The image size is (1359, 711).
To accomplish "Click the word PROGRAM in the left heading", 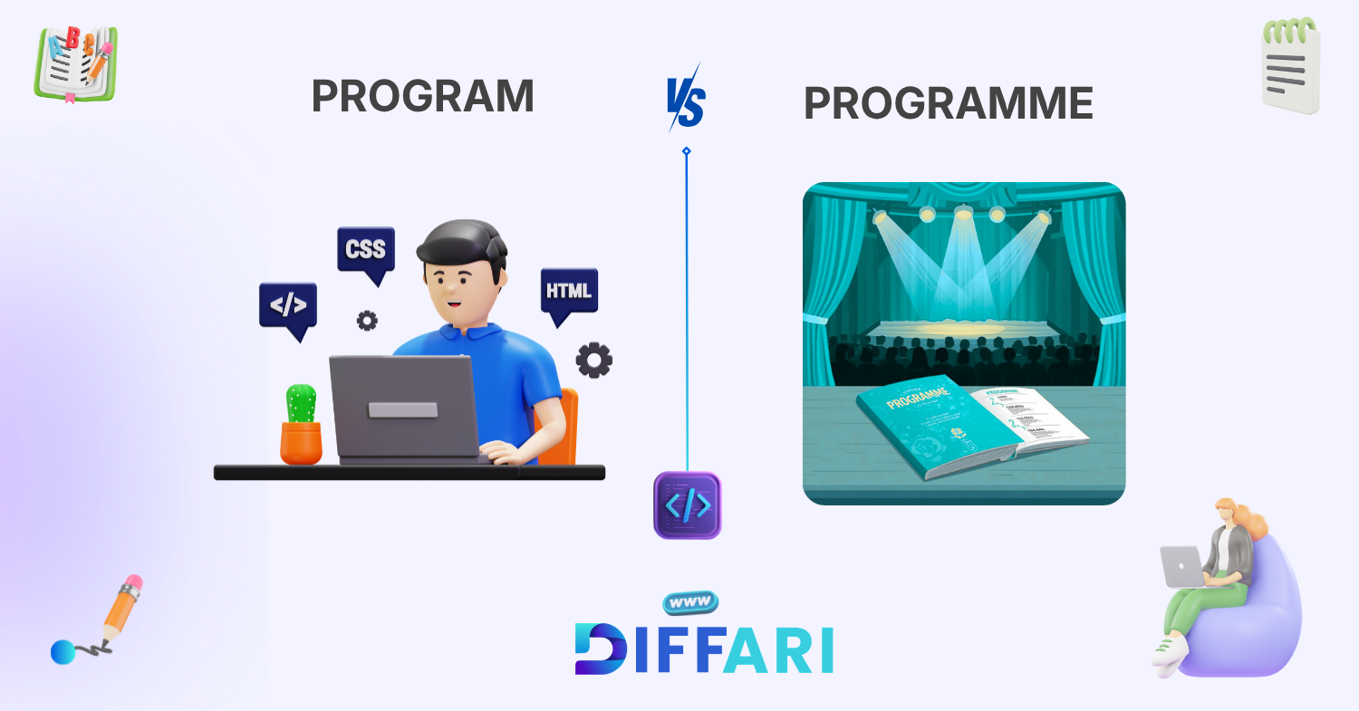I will point(422,96).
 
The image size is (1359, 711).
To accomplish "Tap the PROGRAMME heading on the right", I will point(948,104).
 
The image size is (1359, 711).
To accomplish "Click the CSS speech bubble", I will point(365,249).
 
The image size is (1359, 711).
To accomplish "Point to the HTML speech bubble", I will point(569,292).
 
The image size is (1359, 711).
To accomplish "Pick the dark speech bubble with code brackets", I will point(288,306).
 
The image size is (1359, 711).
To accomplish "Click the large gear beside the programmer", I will point(593,360).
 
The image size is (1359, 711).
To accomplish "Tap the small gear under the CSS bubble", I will point(366,320).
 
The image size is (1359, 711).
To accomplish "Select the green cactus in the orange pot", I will point(301,405).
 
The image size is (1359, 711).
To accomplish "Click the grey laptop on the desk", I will point(403,408).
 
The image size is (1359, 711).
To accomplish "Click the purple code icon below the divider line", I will point(687,505).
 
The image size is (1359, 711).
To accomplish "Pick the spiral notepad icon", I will point(1291,66).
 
